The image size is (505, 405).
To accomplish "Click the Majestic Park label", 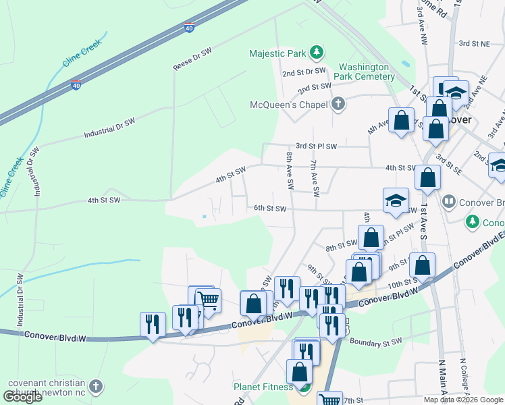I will pyautogui.click(x=277, y=53).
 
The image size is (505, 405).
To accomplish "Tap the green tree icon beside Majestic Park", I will pyautogui.click(x=315, y=53).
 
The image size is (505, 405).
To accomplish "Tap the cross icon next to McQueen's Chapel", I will pyautogui.click(x=338, y=104).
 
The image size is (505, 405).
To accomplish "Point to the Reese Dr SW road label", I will pyautogui.click(x=193, y=62).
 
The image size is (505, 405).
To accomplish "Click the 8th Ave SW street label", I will pyautogui.click(x=290, y=170).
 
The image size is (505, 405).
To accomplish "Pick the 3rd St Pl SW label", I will pyautogui.click(x=316, y=146).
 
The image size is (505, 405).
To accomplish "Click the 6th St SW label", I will pyautogui.click(x=269, y=208).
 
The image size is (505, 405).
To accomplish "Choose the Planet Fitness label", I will pyautogui.click(x=263, y=387).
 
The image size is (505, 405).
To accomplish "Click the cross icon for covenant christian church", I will pyautogui.click(x=96, y=387).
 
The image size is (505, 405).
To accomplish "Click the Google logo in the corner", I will pyautogui.click(x=23, y=397).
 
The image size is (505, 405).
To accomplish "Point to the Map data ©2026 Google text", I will pyautogui.click(x=462, y=400).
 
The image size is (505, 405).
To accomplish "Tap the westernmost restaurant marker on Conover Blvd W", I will pyautogui.click(x=153, y=323).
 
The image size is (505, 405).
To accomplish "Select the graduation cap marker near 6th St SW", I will pyautogui.click(x=396, y=200).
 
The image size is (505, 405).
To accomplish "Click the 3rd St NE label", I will pyautogui.click(x=474, y=43).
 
